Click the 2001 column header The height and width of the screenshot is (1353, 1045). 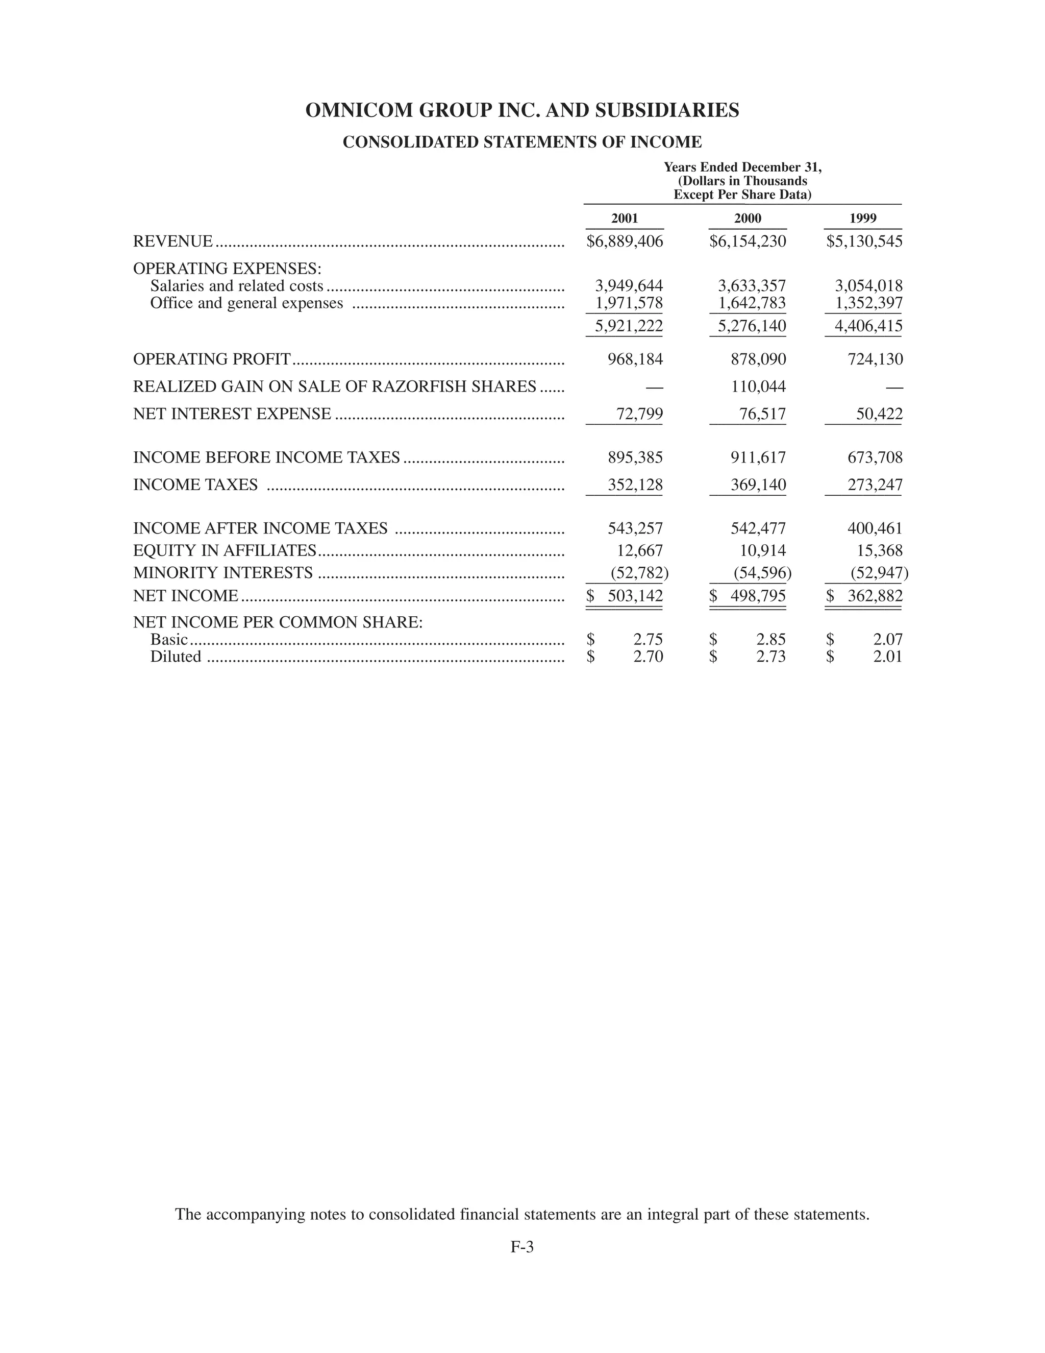click(x=624, y=218)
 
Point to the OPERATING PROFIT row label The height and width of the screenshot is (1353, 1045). click(x=212, y=359)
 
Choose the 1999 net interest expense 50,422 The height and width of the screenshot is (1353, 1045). click(x=879, y=414)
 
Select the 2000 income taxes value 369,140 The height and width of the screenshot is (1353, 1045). click(x=758, y=485)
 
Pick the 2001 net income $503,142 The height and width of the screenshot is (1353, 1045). click(x=625, y=596)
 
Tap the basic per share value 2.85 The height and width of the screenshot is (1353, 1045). click(x=771, y=639)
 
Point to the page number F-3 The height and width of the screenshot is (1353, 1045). click(x=522, y=1247)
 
